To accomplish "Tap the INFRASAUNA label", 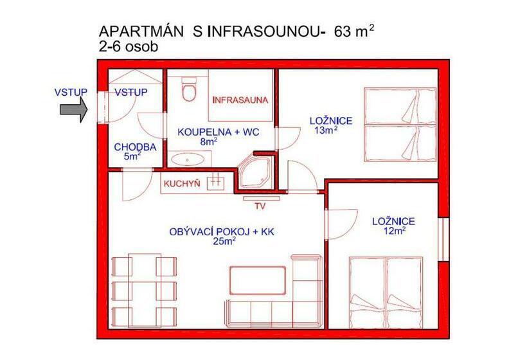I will (240, 100).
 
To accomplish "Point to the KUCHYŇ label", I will (182, 184).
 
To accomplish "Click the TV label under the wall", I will (260, 206).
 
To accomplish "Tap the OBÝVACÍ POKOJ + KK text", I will (222, 231).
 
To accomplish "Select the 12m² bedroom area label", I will (394, 231).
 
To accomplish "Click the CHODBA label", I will (135, 147).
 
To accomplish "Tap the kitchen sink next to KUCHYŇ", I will (215, 184).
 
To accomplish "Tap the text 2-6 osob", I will (129, 47).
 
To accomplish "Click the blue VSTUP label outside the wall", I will (71, 92).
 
